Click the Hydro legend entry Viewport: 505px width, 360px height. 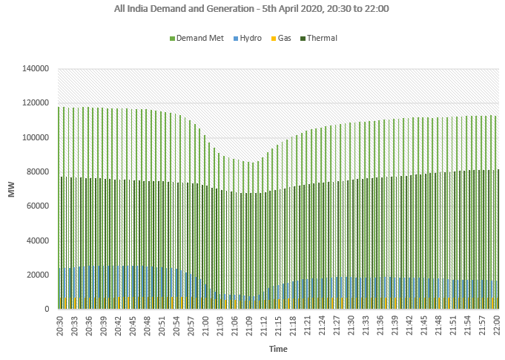tap(249, 38)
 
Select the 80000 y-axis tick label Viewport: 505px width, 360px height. tap(38, 171)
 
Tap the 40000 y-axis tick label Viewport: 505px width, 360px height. tap(38, 240)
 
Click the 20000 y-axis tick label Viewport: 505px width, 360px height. tap(38, 275)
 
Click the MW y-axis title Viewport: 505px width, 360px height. tap(12, 189)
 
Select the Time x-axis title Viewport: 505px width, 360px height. tap(278, 348)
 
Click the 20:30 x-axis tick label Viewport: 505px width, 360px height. tap(60, 325)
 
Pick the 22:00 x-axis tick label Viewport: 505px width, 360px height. tap(498, 325)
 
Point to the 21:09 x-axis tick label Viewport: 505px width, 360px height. tap(250, 325)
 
